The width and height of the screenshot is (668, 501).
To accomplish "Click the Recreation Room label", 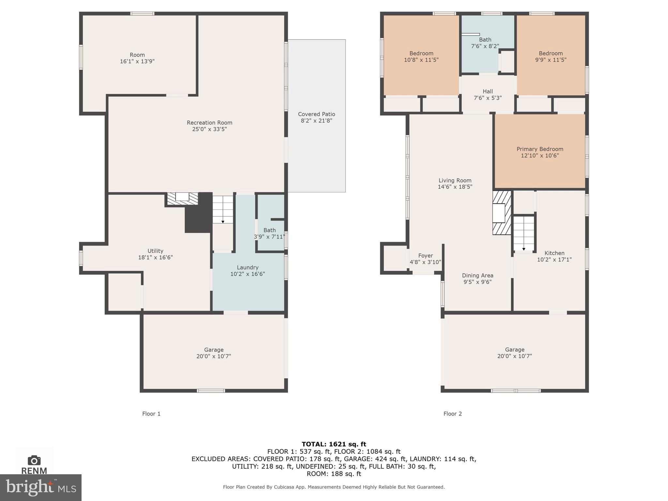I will point(209,123).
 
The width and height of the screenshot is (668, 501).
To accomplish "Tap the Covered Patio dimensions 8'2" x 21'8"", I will point(316,121).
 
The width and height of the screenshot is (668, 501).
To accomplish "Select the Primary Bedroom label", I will point(540,149).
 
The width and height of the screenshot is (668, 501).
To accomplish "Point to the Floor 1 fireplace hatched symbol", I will point(182,199).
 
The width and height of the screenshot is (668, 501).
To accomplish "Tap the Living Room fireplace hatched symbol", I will point(502,213).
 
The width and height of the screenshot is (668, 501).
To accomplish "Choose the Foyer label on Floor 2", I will point(425,256).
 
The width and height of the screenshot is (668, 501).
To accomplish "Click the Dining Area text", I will point(478,276).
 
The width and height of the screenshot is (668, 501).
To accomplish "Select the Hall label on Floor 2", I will point(488,92).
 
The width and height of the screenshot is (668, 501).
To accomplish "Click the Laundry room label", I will point(248,267).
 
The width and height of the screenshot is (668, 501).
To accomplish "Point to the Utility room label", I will point(155,251).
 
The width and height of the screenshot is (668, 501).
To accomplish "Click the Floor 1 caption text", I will point(151,414).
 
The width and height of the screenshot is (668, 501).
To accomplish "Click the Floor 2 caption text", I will point(452,414).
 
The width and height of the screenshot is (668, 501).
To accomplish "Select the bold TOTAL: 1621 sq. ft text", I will point(334,444).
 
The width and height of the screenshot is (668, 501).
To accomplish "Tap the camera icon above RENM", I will point(34,460).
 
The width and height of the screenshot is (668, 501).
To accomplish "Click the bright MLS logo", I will point(41,487).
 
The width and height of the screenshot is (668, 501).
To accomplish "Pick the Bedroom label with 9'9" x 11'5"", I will point(551,53).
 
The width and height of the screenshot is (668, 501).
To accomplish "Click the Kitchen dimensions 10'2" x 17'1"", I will point(554,260).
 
